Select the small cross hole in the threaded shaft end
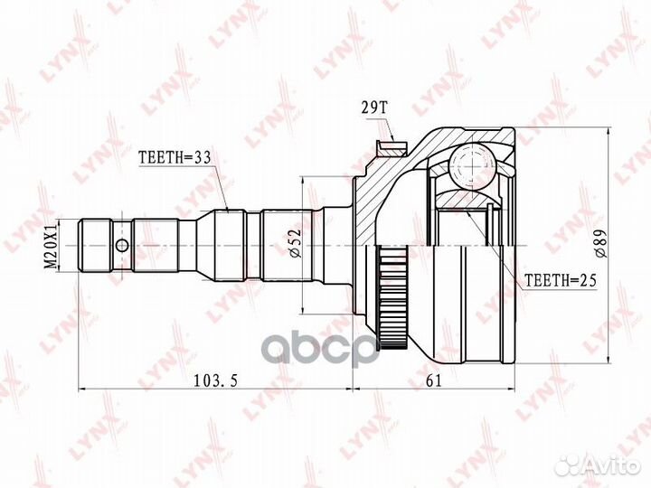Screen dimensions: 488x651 pos(121,244)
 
